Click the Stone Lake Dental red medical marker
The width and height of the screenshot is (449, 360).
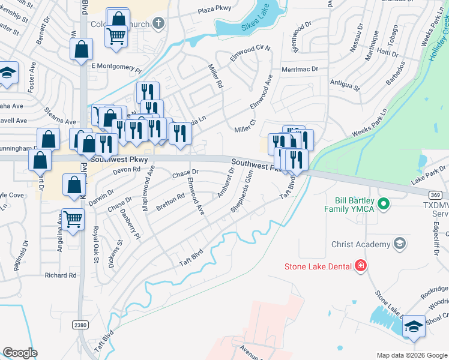click(360, 265)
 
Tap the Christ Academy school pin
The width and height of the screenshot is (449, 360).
click(399, 244)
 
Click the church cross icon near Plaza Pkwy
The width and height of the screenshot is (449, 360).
click(158, 23)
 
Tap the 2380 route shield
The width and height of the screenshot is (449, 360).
click(80, 324)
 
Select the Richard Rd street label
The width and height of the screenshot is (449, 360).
click(61, 275)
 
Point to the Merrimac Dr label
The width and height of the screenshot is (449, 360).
click(298, 70)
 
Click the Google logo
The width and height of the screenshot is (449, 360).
click(20, 353)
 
